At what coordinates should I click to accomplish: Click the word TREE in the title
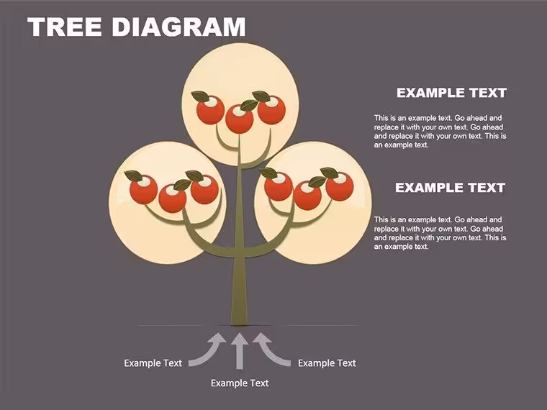[65, 27]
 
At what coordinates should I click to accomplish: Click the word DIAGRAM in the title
[178, 27]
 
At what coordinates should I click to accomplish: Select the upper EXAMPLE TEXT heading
[451, 93]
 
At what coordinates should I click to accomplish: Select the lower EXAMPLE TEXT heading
[450, 188]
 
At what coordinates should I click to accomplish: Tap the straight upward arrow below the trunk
[239, 351]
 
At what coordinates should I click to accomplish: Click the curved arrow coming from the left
[209, 352]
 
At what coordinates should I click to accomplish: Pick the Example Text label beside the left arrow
[153, 363]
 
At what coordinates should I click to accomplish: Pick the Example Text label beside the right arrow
[327, 363]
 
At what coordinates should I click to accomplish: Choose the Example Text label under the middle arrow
[240, 383]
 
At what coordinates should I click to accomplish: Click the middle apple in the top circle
[239, 119]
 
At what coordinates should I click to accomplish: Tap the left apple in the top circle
[210, 110]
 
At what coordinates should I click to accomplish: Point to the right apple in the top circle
[271, 110]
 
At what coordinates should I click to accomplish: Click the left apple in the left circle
[143, 190]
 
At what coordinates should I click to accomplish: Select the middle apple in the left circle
[172, 199]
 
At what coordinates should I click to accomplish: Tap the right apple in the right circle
[340, 187]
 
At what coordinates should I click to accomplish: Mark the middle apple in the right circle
[308, 196]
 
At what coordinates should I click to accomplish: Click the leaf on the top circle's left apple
[200, 96]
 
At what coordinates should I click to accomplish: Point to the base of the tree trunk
[239, 325]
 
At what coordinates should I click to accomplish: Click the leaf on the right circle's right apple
[330, 173]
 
